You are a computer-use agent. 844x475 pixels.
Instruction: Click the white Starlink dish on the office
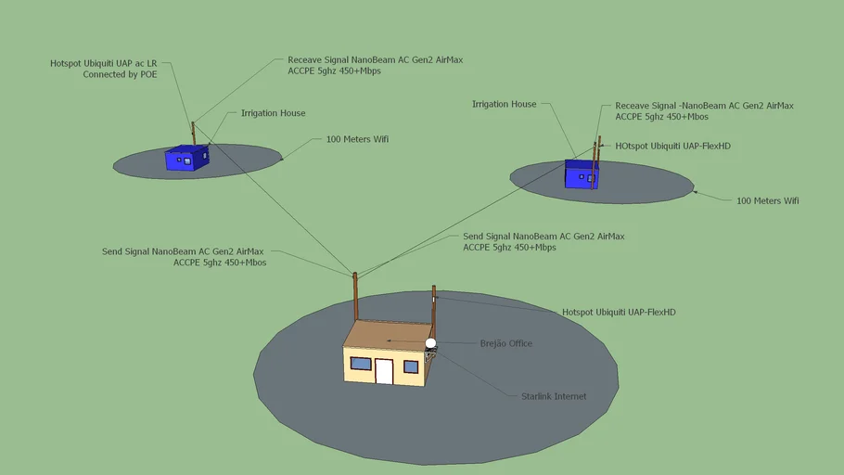tap(430, 343)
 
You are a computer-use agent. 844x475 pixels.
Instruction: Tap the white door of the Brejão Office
tap(384, 371)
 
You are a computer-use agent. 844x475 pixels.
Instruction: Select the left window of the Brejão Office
tap(361, 364)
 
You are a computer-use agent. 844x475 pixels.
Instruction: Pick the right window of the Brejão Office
tap(411, 366)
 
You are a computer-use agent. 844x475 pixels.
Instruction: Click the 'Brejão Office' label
tap(506, 343)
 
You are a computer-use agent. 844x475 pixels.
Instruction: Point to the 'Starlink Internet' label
tap(554, 396)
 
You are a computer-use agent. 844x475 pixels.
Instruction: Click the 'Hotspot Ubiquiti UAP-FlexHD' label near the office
tap(619, 313)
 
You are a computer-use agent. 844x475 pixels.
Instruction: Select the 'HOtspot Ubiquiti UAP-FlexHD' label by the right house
tap(672, 146)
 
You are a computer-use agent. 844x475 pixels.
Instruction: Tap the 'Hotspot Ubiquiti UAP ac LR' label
tap(103, 63)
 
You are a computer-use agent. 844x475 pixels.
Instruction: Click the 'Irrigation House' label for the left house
tap(273, 113)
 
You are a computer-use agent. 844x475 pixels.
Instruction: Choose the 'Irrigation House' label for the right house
tap(504, 104)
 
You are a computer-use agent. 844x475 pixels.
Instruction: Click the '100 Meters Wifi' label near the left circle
tap(357, 139)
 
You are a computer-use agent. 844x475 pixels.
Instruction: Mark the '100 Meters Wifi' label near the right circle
tap(768, 201)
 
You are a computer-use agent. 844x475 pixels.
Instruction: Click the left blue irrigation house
tap(186, 158)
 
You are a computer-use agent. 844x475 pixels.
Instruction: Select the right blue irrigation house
tap(582, 174)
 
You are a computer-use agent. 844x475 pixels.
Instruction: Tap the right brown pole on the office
tap(434, 312)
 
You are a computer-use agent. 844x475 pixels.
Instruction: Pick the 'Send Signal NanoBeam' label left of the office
tap(184, 257)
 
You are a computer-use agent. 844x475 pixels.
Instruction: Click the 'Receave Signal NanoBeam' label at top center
tap(376, 65)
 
